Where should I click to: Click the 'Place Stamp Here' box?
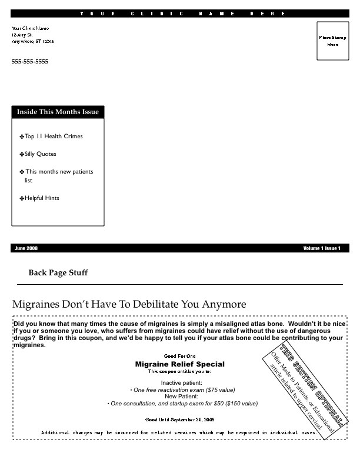[333, 41]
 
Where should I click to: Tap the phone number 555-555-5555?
[30, 62]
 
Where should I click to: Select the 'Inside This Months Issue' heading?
[58, 112]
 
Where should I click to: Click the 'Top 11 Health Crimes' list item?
[54, 137]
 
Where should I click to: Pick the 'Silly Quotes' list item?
[41, 154]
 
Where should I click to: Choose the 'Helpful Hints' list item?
[42, 198]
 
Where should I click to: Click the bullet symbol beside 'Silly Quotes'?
[22, 155]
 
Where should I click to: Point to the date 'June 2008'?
[26, 248]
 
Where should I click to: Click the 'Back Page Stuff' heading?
[58, 273]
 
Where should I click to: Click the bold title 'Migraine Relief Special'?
[179, 364]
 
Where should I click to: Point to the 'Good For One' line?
[179, 357]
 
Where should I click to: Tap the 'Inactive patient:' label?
[181, 383]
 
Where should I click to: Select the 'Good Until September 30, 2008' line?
[179, 420]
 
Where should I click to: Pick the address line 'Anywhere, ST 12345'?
[33, 42]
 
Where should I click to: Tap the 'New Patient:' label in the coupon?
[181, 397]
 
